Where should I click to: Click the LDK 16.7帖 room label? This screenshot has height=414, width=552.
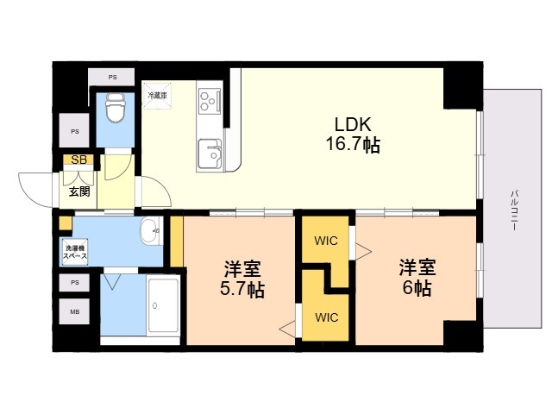coord(352,135)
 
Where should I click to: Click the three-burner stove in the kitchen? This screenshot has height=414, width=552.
coord(208,102)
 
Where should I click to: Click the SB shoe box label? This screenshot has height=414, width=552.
coord(78,160)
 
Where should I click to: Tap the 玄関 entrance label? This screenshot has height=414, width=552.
coord(78,191)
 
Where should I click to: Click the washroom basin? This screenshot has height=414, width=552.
coord(151,230)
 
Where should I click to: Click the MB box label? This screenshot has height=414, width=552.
coord(74,312)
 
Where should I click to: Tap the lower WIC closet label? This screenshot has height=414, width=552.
coord(326,317)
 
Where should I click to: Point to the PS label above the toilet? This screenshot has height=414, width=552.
coord(113,78)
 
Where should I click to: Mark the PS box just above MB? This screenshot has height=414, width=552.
coord(74,282)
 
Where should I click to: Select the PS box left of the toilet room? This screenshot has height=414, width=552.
coord(74,132)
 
